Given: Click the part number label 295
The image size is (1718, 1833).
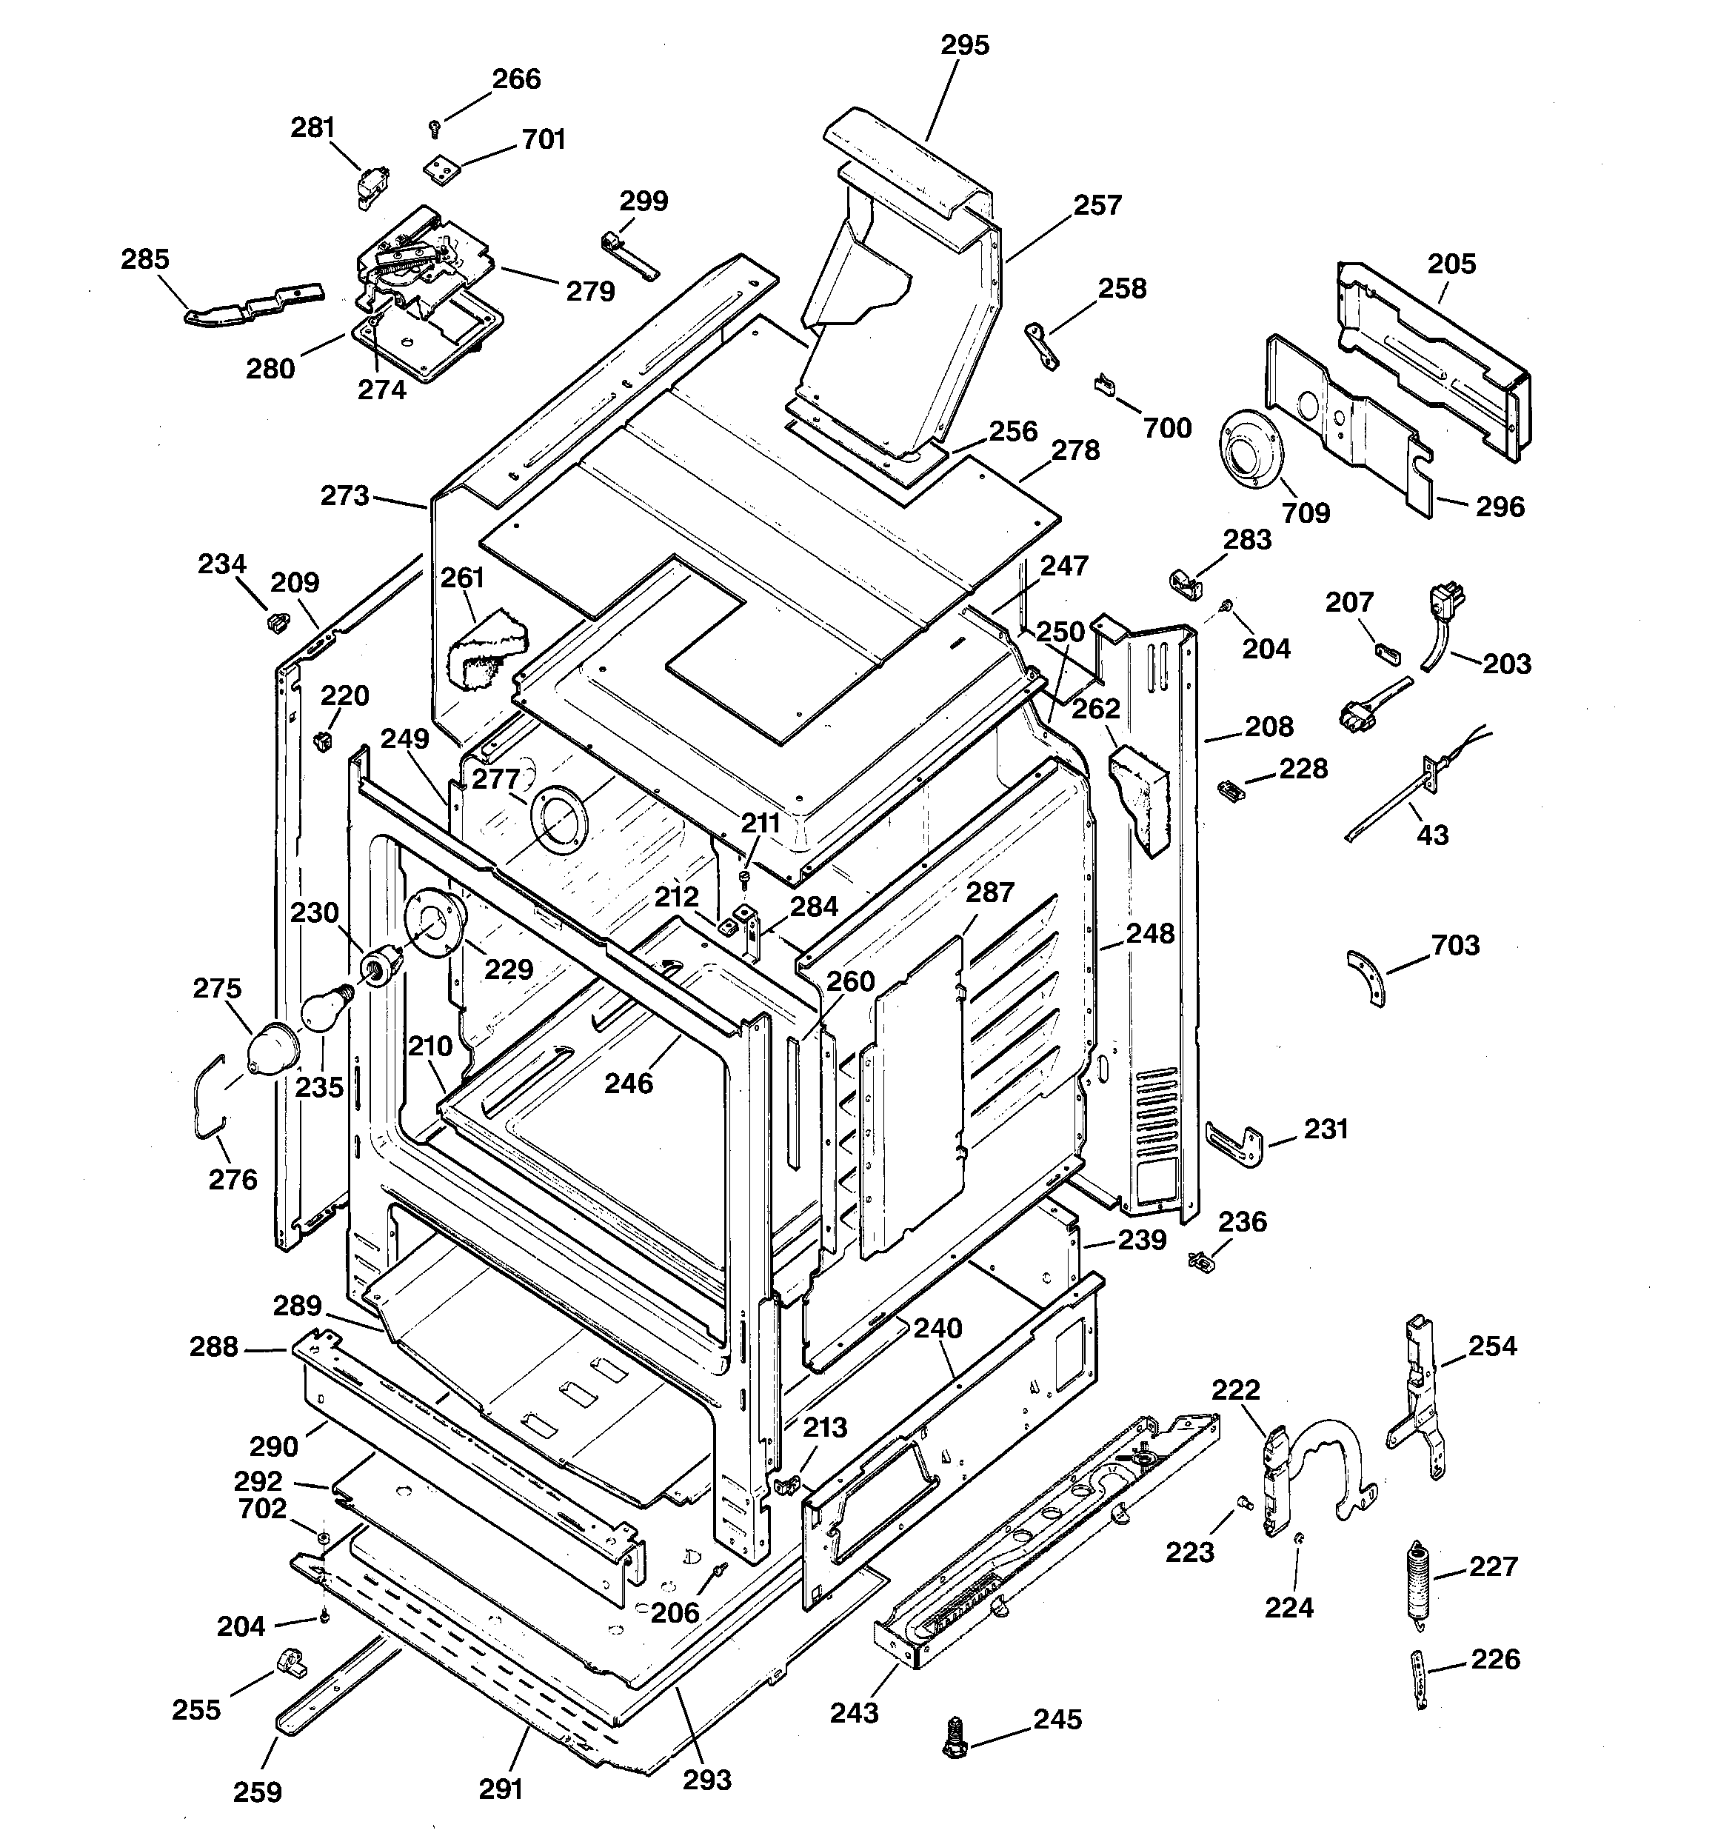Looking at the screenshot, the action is point(965,45).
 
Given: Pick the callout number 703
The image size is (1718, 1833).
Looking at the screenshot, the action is point(1455,944).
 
